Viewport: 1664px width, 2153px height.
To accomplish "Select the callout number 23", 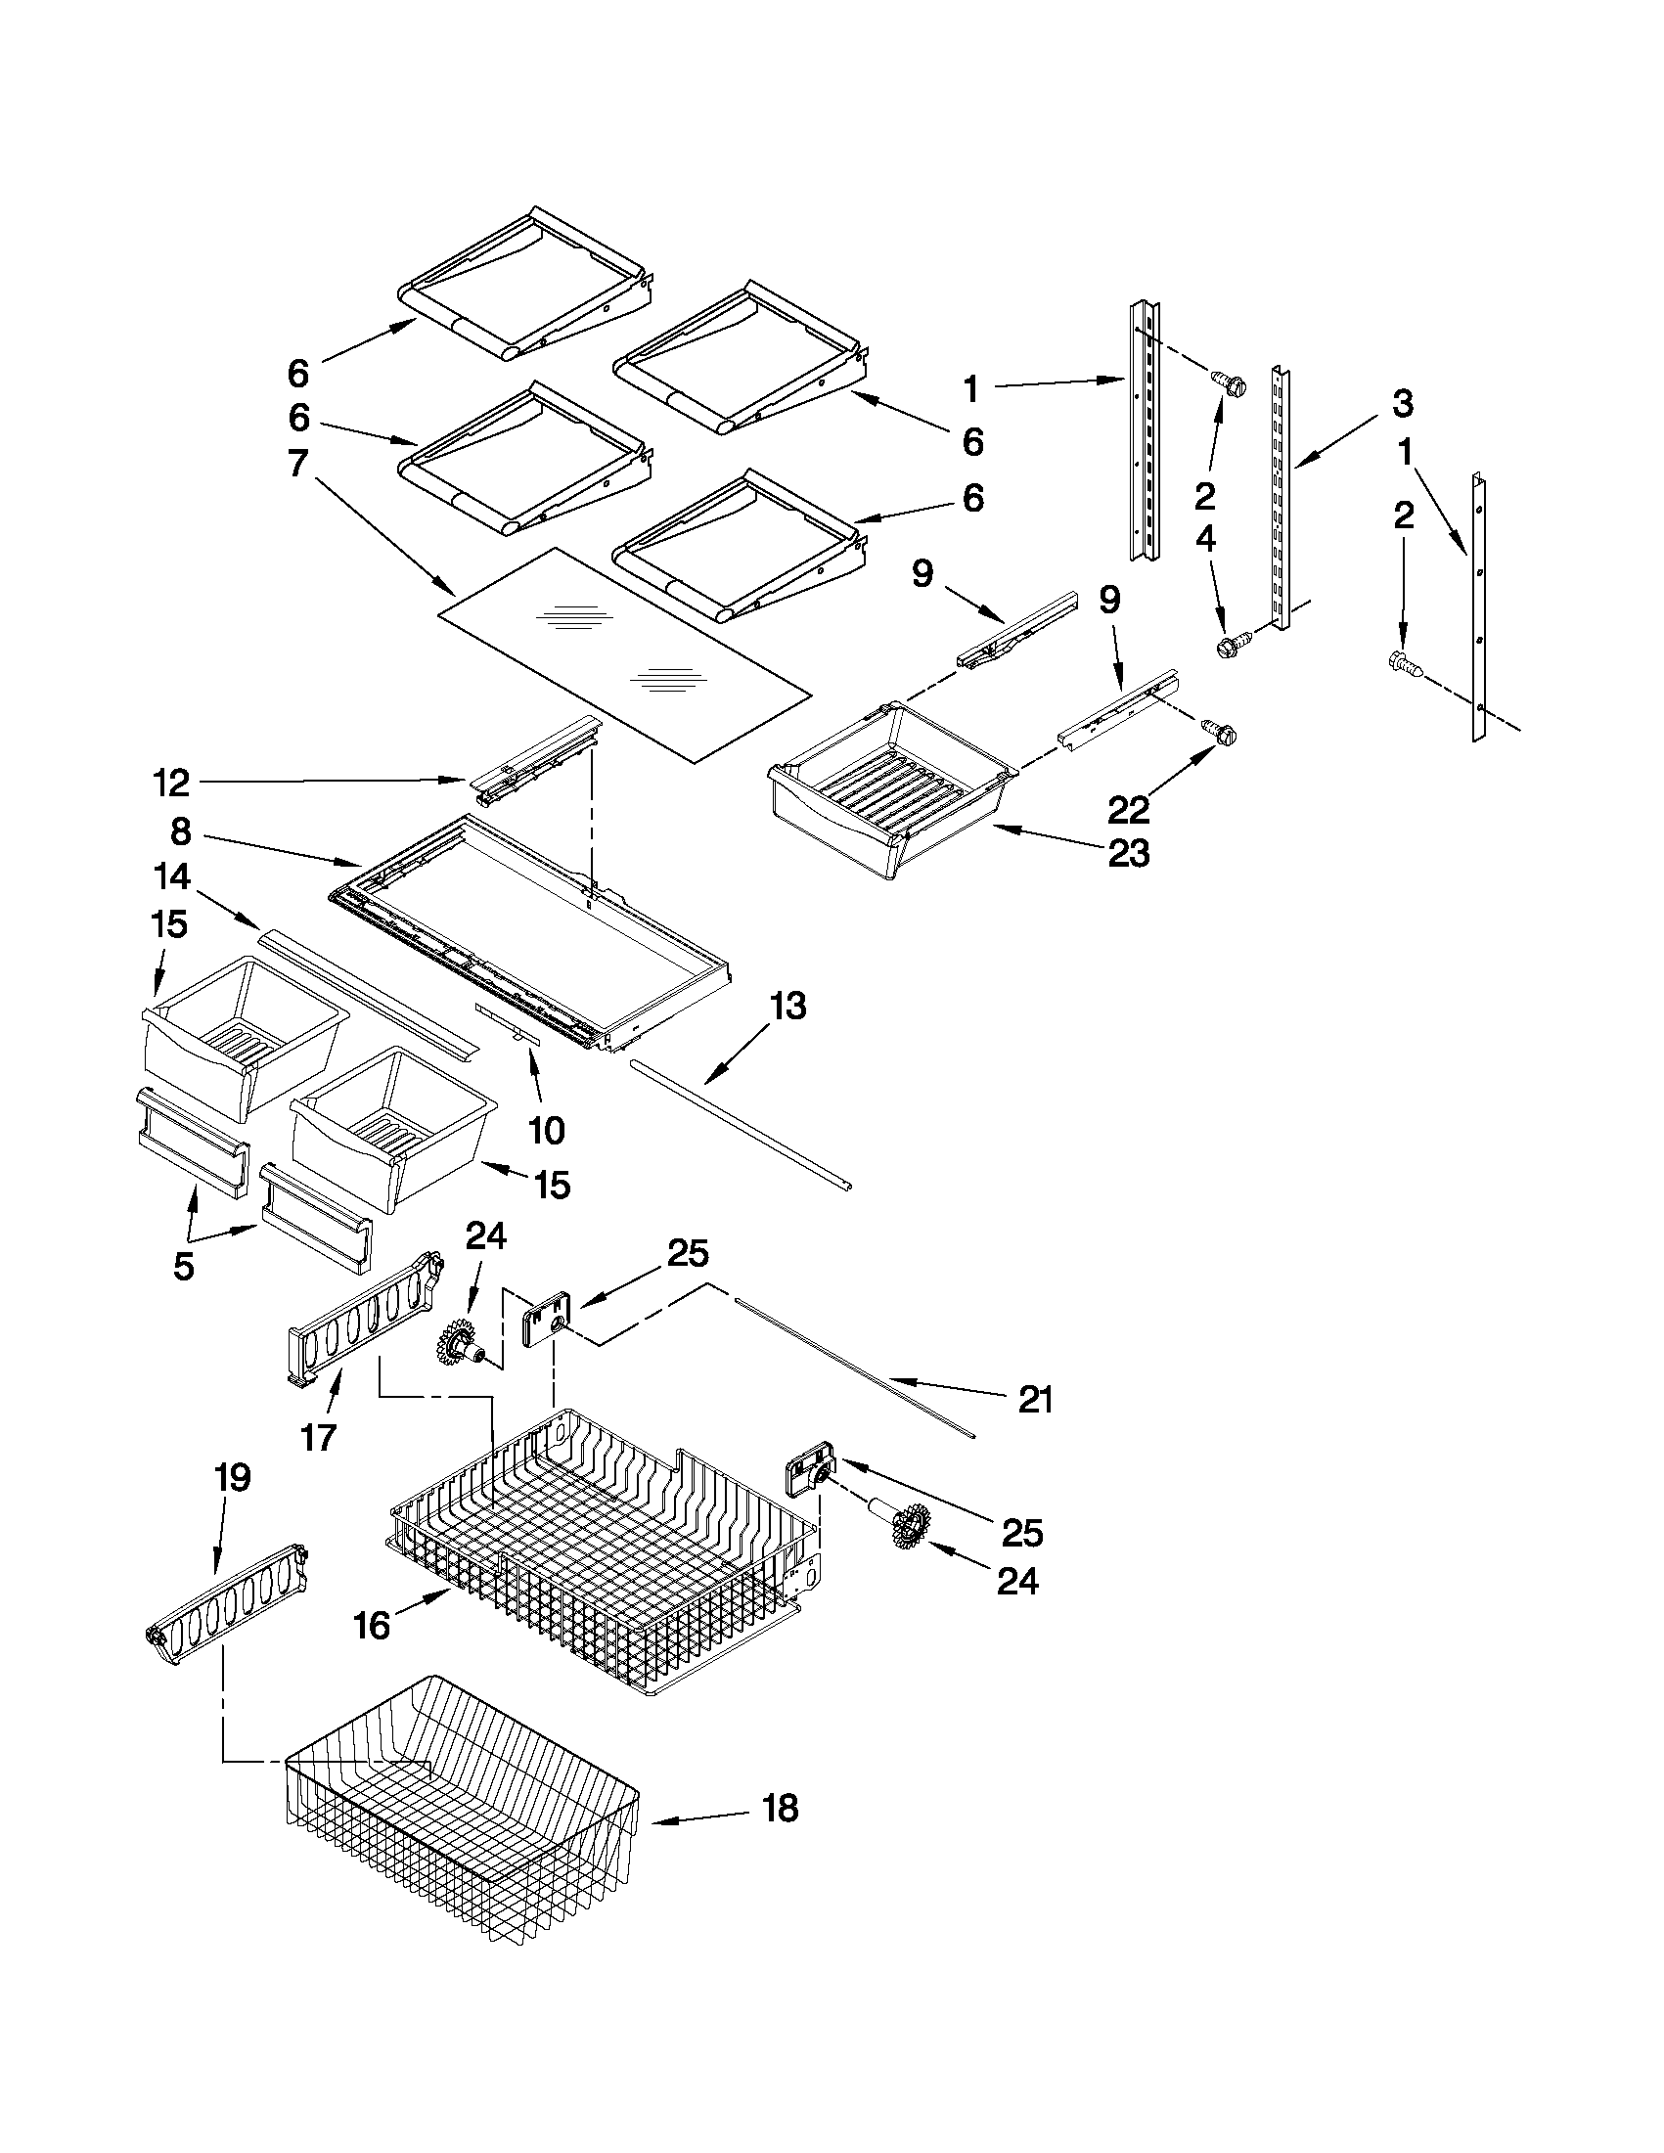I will [1128, 852].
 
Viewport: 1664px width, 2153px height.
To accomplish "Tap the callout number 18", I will [781, 1809].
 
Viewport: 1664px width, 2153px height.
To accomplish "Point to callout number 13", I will [787, 1008].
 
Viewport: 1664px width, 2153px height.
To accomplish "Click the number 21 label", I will [1035, 1400].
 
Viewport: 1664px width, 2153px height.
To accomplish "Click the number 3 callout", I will [1403, 403].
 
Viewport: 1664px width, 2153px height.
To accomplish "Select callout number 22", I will [1128, 809].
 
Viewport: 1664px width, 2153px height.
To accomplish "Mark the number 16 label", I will [372, 1626].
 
